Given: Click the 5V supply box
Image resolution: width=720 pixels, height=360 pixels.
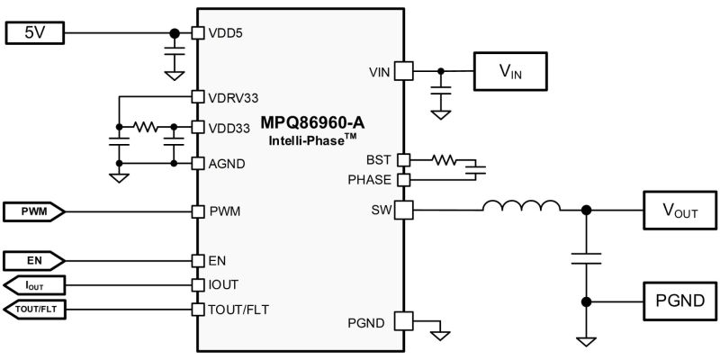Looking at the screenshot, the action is pos(34,33).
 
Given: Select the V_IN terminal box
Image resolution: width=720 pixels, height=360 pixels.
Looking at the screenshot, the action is pos(510,71).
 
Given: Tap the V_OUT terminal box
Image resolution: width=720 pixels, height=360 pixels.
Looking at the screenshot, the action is pos(679,210).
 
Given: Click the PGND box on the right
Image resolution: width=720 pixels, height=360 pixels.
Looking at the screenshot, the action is pos(679,301).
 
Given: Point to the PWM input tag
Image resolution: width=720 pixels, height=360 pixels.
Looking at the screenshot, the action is pos(34,211).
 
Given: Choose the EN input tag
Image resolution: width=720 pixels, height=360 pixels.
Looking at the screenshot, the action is pos(34,261).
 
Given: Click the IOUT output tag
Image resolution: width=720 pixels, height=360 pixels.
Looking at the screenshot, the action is pos(34,285).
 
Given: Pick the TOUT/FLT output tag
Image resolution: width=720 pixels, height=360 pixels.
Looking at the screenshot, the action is pos(34,310).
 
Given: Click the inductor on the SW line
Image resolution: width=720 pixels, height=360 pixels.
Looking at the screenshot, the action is pos(521,206).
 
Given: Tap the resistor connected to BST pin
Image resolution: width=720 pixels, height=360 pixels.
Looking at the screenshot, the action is pos(444,160).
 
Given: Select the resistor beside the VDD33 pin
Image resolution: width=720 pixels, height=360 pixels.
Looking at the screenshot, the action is pos(146,126).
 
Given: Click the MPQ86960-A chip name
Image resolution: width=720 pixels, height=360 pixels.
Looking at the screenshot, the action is pos(312,122).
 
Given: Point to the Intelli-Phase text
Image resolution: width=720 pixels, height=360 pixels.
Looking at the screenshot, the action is pos(312,139).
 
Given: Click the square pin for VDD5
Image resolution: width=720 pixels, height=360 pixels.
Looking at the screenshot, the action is pos(197,33).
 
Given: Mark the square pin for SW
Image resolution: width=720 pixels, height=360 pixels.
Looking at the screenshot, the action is pos(404,210).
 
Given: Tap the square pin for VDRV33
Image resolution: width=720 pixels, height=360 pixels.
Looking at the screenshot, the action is pos(197,97).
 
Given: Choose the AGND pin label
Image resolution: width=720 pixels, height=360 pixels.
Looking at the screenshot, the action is pos(227,164).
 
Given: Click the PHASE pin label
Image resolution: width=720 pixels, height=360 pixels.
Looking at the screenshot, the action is pos(370,179).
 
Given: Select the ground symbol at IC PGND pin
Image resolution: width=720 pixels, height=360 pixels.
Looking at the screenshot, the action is pos(441,336).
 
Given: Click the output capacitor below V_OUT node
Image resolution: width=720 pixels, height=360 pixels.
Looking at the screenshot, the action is pos(586,258).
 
